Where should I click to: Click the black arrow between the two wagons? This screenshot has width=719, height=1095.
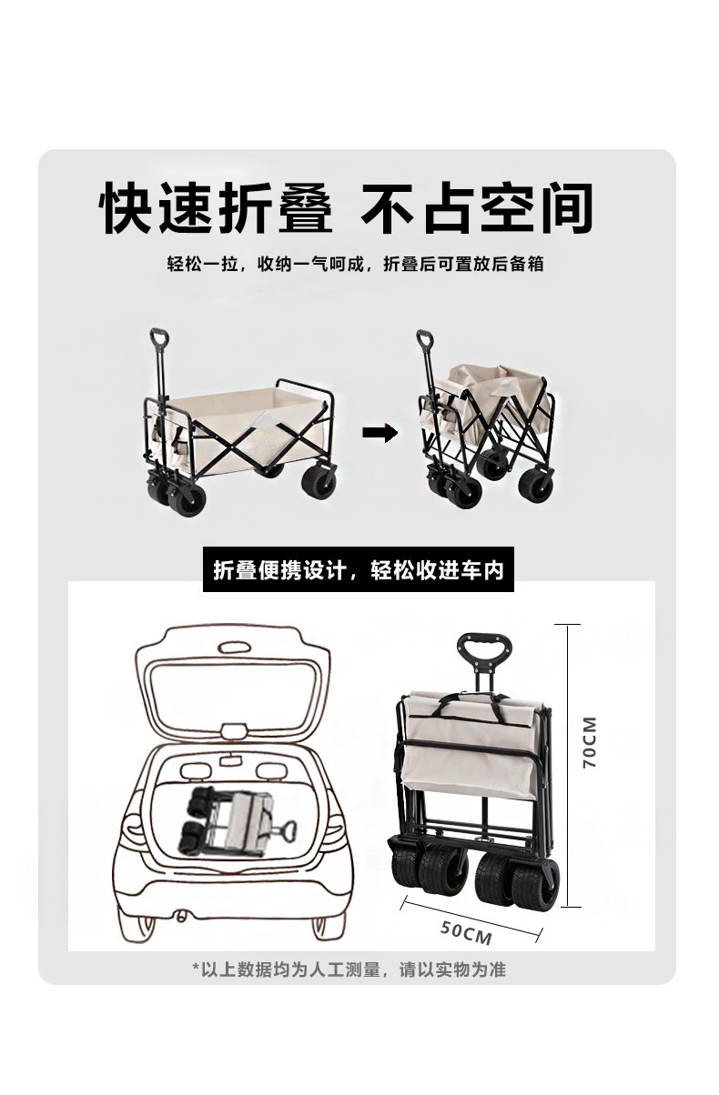coord(380,433)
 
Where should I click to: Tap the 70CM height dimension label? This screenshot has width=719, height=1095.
coord(590,743)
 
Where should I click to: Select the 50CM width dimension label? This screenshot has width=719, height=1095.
coord(466,932)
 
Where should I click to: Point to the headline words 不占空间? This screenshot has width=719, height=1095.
coord(478,207)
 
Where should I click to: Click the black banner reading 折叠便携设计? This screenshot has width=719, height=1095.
coord(358,570)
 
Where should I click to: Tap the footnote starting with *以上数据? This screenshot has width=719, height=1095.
coord(349,969)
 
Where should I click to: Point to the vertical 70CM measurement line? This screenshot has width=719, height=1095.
coord(567,764)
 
